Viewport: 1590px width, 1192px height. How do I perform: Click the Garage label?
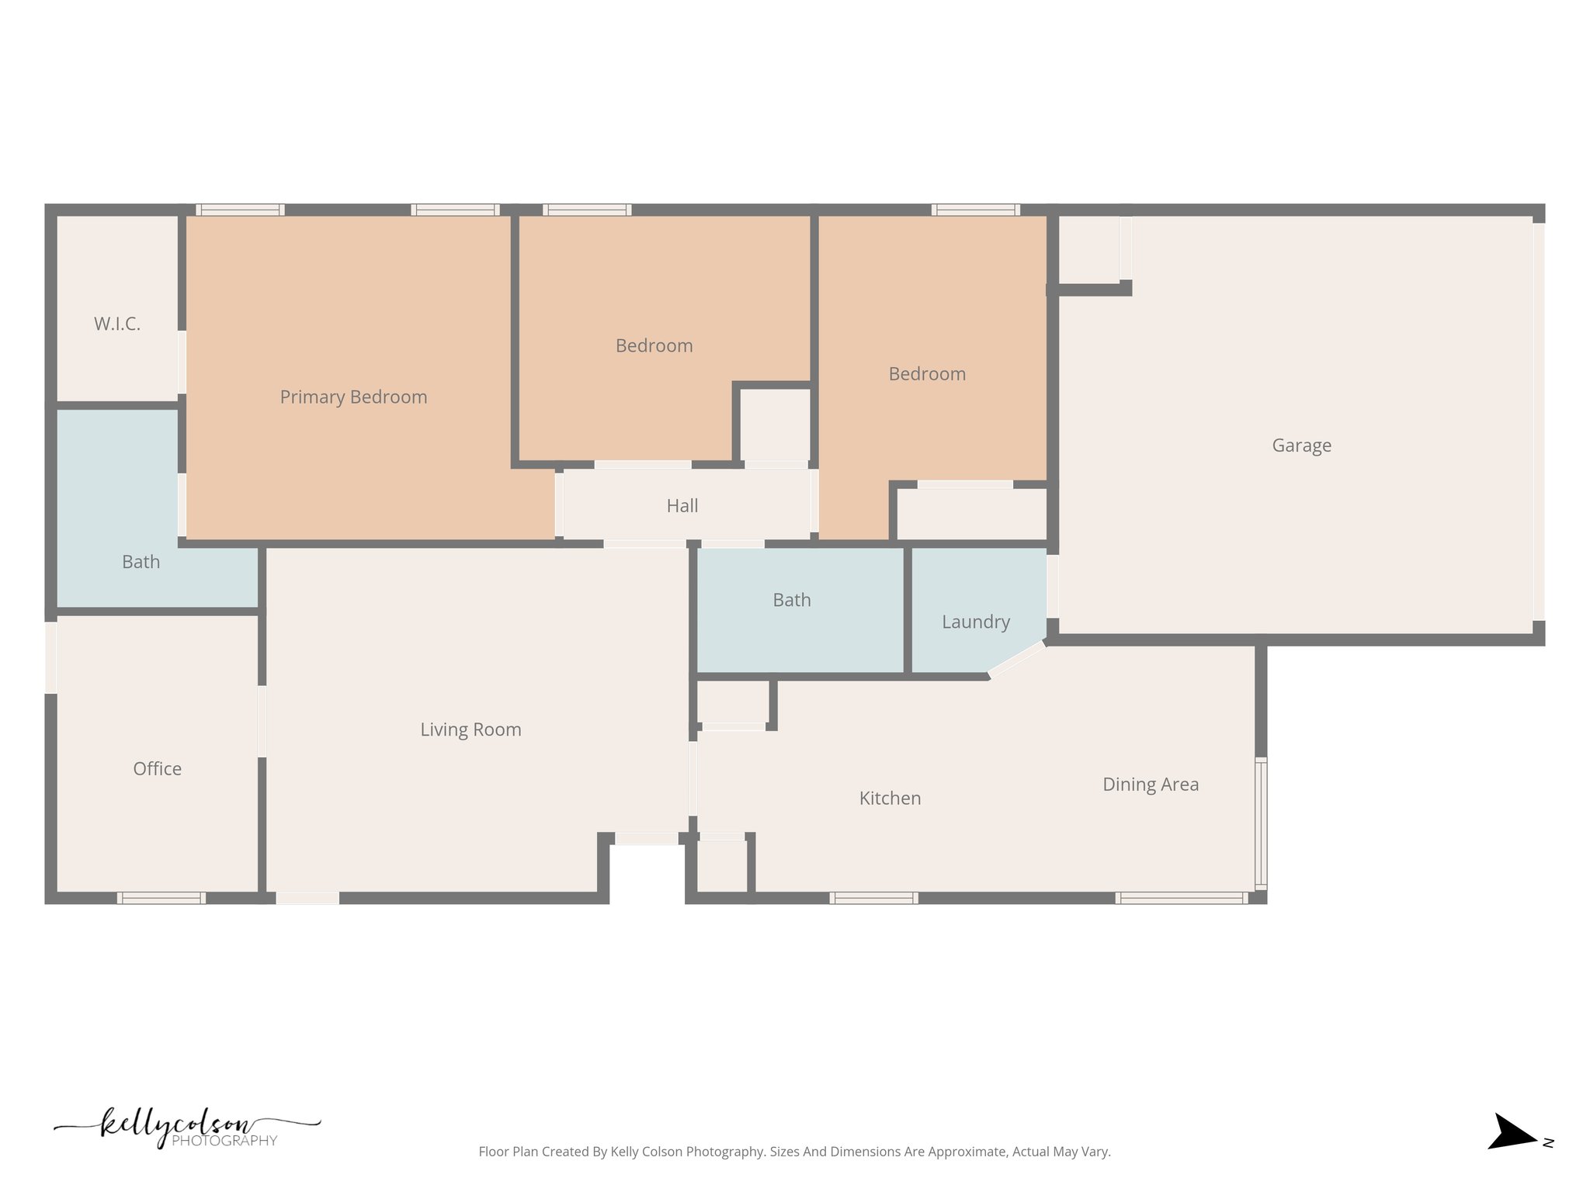click(x=1301, y=445)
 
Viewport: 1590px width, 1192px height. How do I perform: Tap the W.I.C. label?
click(x=117, y=324)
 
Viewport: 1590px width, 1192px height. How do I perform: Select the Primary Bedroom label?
click(x=353, y=397)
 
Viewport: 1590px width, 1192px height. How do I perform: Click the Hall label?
click(x=682, y=506)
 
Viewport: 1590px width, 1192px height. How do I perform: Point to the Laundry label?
click(x=975, y=622)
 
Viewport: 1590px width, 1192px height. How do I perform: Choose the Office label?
click(x=157, y=769)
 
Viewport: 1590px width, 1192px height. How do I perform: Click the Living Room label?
click(x=470, y=729)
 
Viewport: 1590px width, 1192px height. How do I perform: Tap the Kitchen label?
click(x=890, y=799)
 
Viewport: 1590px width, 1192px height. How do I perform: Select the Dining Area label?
click(x=1151, y=785)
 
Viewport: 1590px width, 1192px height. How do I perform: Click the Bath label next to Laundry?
click(x=791, y=600)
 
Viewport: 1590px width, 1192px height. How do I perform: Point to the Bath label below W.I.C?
click(x=141, y=562)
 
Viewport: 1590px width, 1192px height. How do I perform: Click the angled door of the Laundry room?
click(x=1017, y=659)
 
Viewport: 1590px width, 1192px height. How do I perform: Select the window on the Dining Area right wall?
click(x=1261, y=824)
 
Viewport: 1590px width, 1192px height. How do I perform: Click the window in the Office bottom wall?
click(x=161, y=898)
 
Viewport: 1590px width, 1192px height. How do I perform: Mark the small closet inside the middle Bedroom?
click(x=775, y=425)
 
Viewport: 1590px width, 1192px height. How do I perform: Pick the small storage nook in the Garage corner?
click(x=1089, y=248)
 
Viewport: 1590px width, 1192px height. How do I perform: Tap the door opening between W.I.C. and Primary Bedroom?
click(x=182, y=362)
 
